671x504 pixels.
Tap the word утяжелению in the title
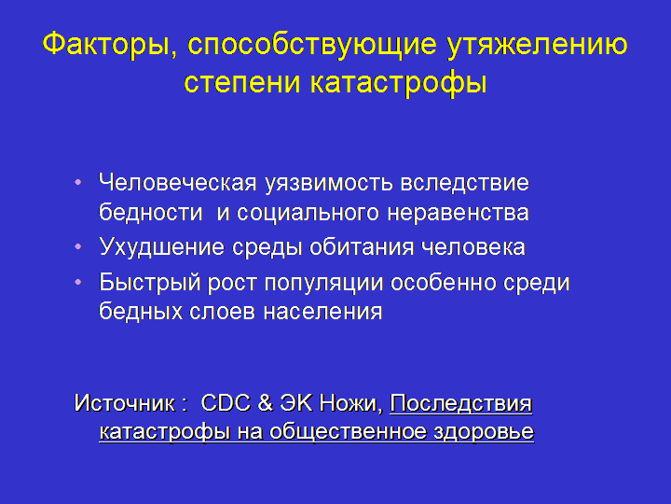tap(537, 44)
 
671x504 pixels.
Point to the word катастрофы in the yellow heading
tap(399, 82)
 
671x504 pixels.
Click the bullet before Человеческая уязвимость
tap(78, 183)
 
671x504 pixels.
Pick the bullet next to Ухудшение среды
tap(78, 246)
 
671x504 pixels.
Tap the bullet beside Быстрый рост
tap(78, 283)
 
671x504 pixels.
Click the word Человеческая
tap(178, 183)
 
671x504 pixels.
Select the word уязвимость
tap(328, 184)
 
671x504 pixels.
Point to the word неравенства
tap(458, 214)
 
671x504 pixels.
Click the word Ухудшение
tap(162, 247)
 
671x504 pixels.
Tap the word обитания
tap(362, 247)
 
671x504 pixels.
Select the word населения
tap(322, 312)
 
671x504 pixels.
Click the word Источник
tap(125, 403)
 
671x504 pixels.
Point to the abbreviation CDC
tap(226, 403)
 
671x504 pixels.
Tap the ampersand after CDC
tap(266, 403)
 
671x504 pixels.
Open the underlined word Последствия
tap(461, 403)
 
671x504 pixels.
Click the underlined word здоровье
tap(484, 432)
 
